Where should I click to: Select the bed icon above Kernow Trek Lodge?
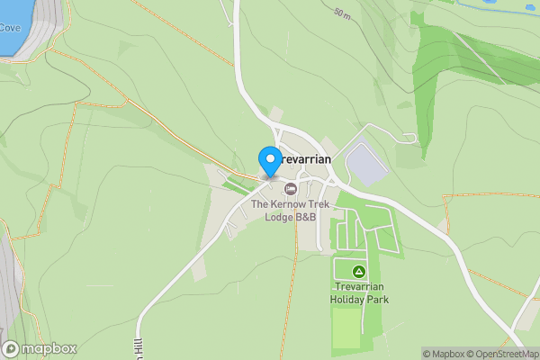coord(291,189)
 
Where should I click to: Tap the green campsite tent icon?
coord(358,271)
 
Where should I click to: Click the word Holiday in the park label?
coord(347,299)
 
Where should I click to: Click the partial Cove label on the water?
coord(9,28)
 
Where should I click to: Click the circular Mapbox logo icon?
coord(12,348)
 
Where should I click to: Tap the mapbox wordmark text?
coord(49,348)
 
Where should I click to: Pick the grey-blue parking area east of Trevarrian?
coord(365,165)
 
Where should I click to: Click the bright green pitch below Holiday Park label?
coord(347,328)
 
